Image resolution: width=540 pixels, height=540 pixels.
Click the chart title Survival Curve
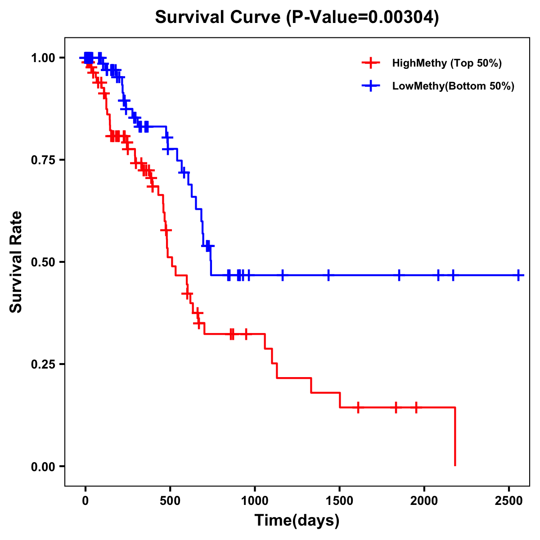pyautogui.click(x=219, y=18)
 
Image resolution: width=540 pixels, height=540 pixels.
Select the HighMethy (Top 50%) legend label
pyautogui.click(x=447, y=63)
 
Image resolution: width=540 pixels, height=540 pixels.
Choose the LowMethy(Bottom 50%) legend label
pyautogui.click(x=453, y=86)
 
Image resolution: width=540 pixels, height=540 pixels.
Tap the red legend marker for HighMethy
pyautogui.click(x=371, y=63)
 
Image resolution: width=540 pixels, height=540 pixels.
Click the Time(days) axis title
pyautogui.click(x=297, y=521)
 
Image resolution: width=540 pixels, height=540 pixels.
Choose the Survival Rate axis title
pyautogui.click(x=16, y=262)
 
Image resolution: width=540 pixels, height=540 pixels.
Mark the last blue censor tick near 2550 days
pyautogui.click(x=518, y=275)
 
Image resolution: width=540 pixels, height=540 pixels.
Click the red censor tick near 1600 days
pyautogui.click(x=358, y=407)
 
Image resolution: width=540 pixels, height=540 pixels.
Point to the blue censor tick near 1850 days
pyautogui.click(x=399, y=275)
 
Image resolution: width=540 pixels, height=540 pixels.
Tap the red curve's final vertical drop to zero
pyautogui.click(x=455, y=436)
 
